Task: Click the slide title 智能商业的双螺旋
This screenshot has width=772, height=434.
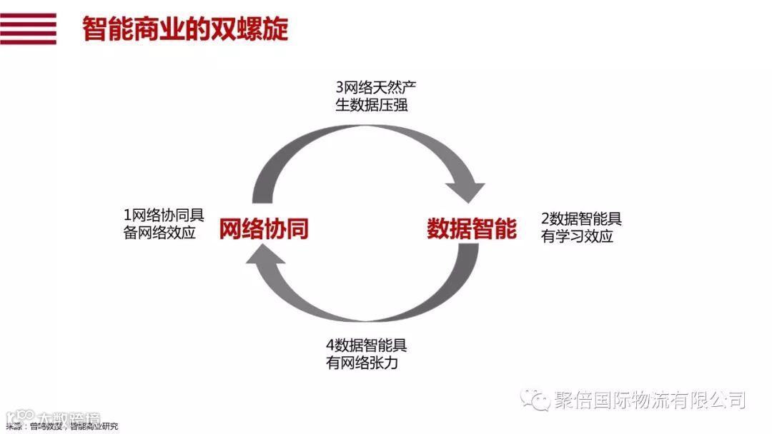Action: point(185,29)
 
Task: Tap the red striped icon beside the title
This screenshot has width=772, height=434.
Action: point(28,29)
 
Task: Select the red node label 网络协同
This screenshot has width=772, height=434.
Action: point(264,229)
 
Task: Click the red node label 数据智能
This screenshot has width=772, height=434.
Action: point(472,229)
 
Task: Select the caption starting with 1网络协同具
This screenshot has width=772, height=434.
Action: point(164,223)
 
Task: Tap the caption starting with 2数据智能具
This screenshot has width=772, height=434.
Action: point(581,228)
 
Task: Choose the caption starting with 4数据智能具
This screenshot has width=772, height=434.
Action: point(366,354)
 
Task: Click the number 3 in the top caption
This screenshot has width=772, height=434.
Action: point(340,88)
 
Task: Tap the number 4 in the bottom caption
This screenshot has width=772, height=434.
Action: point(330,346)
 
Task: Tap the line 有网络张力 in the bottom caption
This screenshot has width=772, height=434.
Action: point(361,363)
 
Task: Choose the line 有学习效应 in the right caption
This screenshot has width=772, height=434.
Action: point(578,237)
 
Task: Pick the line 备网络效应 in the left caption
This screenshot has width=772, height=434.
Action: point(159,233)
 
